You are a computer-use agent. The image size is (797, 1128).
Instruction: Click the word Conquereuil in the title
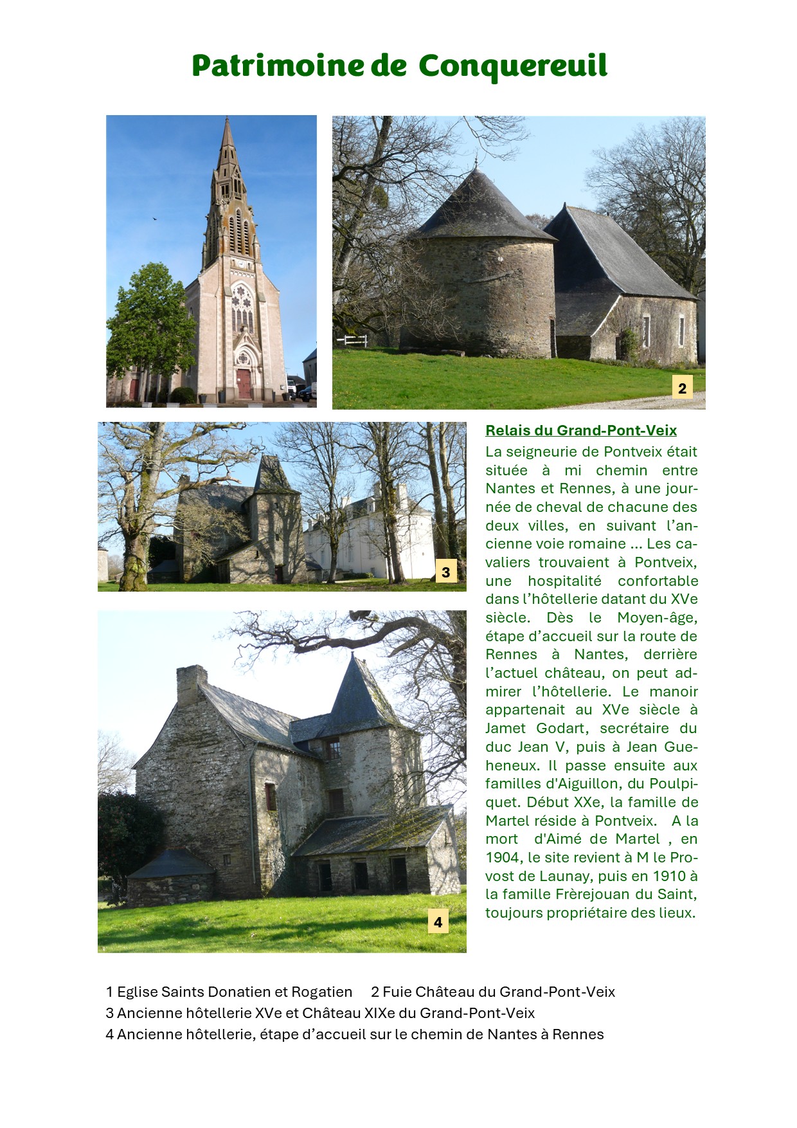(x=512, y=66)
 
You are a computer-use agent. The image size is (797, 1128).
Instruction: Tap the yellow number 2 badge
(x=682, y=388)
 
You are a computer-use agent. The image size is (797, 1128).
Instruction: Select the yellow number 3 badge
(x=445, y=571)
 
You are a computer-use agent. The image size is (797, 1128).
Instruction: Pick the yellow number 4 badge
(x=438, y=922)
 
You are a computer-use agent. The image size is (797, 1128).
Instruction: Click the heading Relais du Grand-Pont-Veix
(x=580, y=430)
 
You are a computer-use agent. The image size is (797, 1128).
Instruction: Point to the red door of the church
(x=244, y=383)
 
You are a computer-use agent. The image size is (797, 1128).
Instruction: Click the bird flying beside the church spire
(x=155, y=219)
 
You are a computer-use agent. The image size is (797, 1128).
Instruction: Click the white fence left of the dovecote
(x=355, y=340)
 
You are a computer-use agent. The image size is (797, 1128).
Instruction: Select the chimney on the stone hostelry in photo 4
(x=191, y=684)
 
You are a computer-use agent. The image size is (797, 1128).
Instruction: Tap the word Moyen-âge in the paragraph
(x=657, y=617)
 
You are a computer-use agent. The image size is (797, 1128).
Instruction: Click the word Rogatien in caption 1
(x=321, y=992)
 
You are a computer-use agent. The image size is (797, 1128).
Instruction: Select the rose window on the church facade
(x=242, y=300)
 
